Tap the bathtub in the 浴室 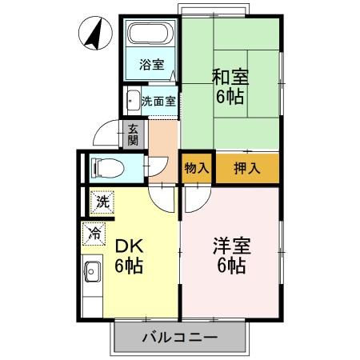click(150, 35)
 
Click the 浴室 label click(151, 65)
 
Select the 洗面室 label click(158, 101)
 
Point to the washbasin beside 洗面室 click(132, 101)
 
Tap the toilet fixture click(104, 167)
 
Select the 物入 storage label click(197, 168)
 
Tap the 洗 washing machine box click(102, 202)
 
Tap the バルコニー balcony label click(179, 337)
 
